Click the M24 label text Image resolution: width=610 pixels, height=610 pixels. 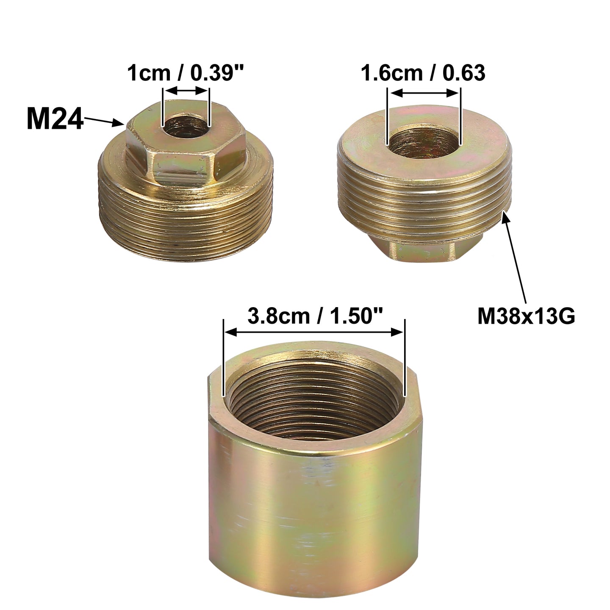[55, 119]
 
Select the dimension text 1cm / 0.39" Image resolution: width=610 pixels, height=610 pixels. [186, 73]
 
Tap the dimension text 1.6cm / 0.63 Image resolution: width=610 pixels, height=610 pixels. [423, 73]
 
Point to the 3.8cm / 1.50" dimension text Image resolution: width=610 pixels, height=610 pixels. [315, 316]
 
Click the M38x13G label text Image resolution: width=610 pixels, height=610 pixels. [526, 316]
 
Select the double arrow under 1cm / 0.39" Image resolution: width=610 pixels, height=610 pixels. [186, 91]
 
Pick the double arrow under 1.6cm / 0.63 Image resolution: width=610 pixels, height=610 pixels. [424, 93]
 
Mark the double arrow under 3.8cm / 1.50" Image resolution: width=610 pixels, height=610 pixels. [314, 332]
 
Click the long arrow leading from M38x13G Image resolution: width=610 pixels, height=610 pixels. [515, 258]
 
